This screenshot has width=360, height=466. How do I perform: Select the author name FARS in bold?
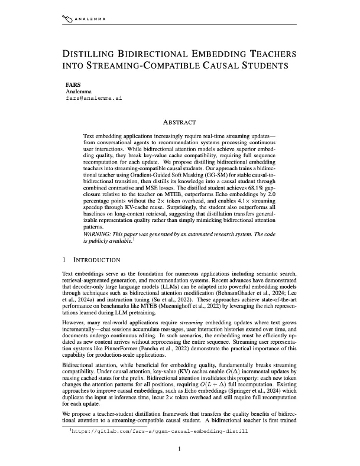point(73,85)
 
